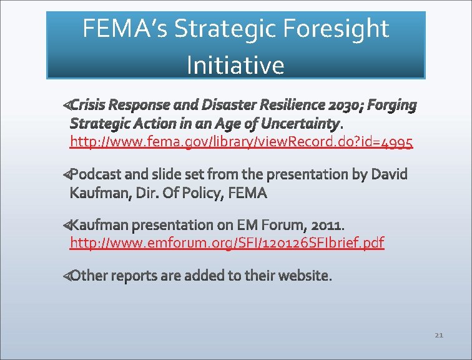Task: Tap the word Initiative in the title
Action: [x=235, y=65]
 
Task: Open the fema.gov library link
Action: [x=241, y=142]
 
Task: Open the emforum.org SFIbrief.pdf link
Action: [x=227, y=242]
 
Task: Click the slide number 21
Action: [x=438, y=336]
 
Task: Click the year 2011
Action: [x=327, y=224]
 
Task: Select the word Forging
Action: [x=392, y=105]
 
